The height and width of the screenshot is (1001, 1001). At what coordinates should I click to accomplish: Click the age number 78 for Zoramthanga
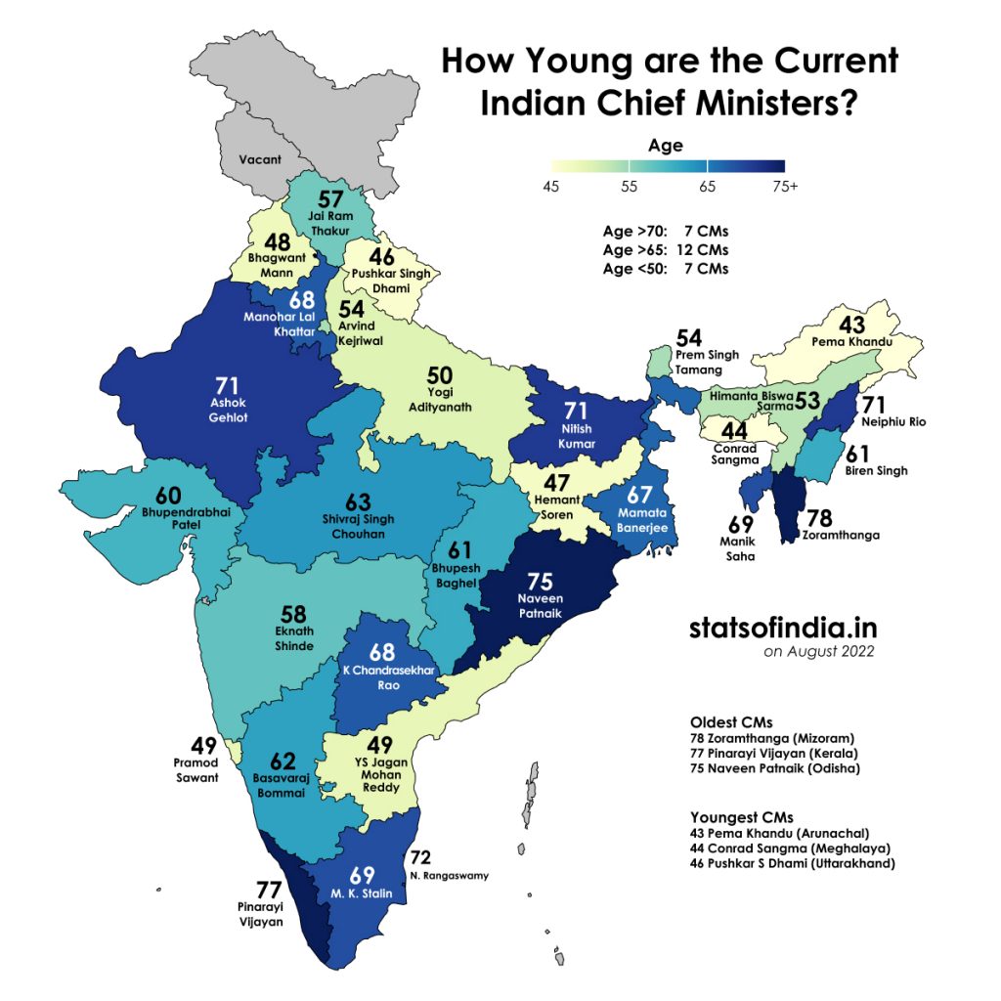click(819, 517)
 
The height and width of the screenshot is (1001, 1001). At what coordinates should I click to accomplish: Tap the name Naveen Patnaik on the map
click(540, 604)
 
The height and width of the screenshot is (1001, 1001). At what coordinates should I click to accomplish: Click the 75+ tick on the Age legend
click(784, 187)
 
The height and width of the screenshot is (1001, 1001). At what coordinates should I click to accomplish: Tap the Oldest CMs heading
click(731, 721)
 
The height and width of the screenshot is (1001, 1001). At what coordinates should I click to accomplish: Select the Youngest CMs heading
click(741, 816)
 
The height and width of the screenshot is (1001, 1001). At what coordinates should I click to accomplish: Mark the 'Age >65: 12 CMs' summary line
click(665, 250)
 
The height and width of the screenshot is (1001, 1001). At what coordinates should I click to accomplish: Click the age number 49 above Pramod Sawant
click(203, 745)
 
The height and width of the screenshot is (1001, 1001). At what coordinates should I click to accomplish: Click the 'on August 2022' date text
click(818, 652)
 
